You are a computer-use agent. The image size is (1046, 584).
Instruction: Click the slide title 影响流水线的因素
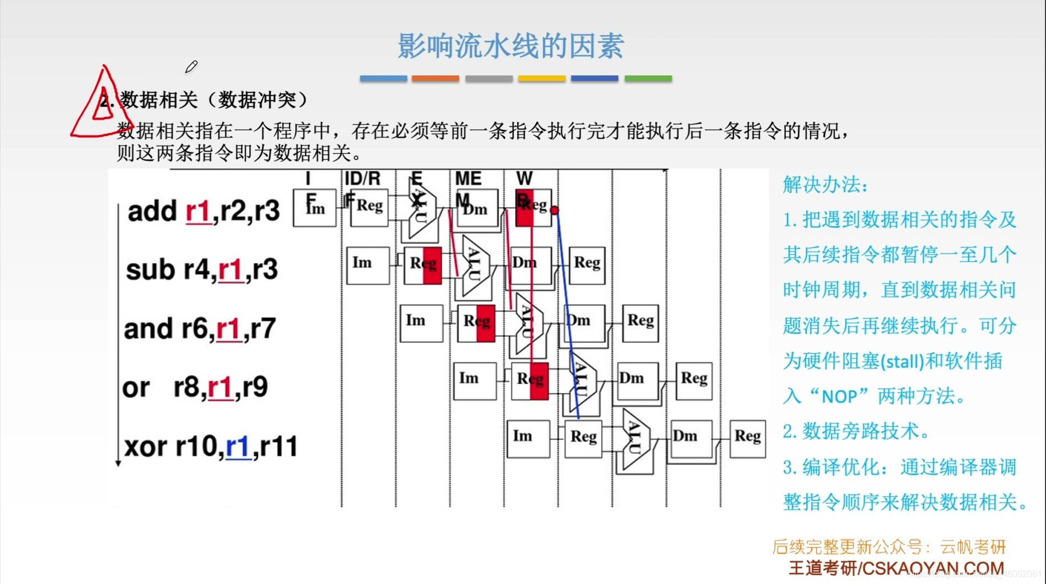click(x=511, y=46)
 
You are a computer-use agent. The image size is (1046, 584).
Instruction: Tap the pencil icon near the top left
click(x=191, y=67)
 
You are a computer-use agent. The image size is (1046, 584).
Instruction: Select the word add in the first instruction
click(x=152, y=211)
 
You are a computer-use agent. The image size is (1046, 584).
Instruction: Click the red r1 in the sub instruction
click(x=231, y=270)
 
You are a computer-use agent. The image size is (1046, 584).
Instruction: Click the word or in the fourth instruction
click(x=136, y=388)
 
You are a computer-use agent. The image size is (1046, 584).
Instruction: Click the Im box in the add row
click(x=315, y=208)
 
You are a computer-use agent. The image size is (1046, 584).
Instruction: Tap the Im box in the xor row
click(x=528, y=439)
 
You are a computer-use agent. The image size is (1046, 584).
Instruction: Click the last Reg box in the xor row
click(x=747, y=438)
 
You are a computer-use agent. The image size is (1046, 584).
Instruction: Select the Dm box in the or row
click(x=638, y=381)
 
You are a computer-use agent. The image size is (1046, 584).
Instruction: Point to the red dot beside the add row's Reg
click(x=554, y=210)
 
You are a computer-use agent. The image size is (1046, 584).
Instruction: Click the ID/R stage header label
click(x=362, y=178)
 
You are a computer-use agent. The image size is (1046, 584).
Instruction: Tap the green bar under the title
click(x=648, y=79)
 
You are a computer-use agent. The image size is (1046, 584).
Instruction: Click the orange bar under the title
click(x=435, y=79)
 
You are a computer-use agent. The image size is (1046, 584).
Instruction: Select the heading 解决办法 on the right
click(x=825, y=184)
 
